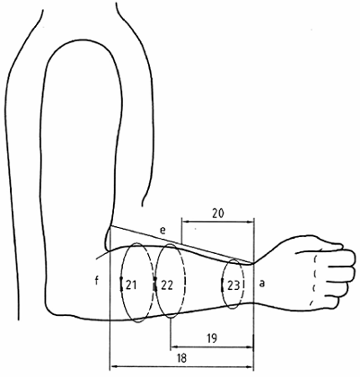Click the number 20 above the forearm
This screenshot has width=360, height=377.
click(x=218, y=214)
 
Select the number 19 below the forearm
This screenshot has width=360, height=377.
click(x=212, y=338)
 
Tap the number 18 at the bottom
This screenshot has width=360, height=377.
click(x=181, y=358)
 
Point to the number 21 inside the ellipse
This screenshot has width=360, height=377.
click(x=131, y=285)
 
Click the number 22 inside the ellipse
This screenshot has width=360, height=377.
click(x=167, y=285)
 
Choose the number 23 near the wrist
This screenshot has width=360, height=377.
click(x=233, y=285)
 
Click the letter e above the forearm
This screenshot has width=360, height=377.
click(x=162, y=231)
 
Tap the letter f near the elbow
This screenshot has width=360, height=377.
click(x=96, y=281)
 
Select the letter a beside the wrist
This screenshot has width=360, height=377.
click(x=262, y=283)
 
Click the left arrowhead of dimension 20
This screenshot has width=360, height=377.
click(x=184, y=222)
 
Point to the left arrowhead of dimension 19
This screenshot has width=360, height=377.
click(x=173, y=347)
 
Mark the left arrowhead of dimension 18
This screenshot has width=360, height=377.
click(x=113, y=366)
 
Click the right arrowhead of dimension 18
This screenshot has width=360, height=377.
click(x=250, y=366)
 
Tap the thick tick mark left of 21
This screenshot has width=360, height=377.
click(x=121, y=284)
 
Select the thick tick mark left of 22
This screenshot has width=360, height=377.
click(x=155, y=284)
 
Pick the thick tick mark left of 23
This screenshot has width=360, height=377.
click(x=222, y=285)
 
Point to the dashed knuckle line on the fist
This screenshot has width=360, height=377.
click(x=314, y=280)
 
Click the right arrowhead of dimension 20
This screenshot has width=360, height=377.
click(x=251, y=222)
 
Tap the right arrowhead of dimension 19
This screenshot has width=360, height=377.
click(x=250, y=347)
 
